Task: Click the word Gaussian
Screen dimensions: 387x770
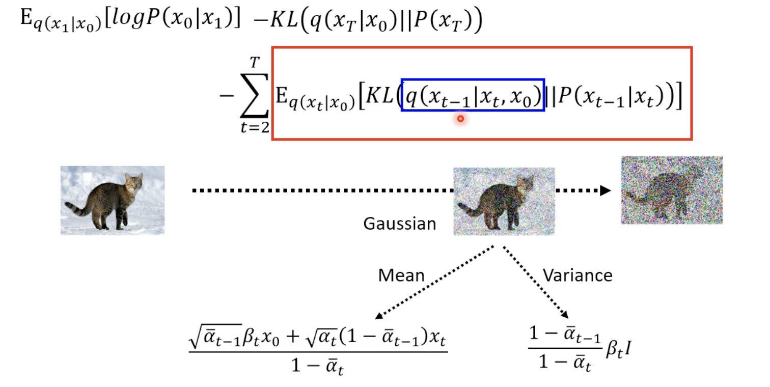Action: [400, 224]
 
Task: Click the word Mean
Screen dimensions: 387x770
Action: [401, 275]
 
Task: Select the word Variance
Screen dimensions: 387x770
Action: [577, 275]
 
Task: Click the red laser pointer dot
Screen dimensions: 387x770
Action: [460, 119]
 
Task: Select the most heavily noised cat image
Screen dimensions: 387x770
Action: [672, 190]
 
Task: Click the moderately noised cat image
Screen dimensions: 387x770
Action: [504, 201]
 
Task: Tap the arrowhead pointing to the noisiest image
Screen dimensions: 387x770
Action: [605, 190]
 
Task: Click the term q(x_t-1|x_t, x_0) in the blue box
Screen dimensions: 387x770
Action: [473, 95]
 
